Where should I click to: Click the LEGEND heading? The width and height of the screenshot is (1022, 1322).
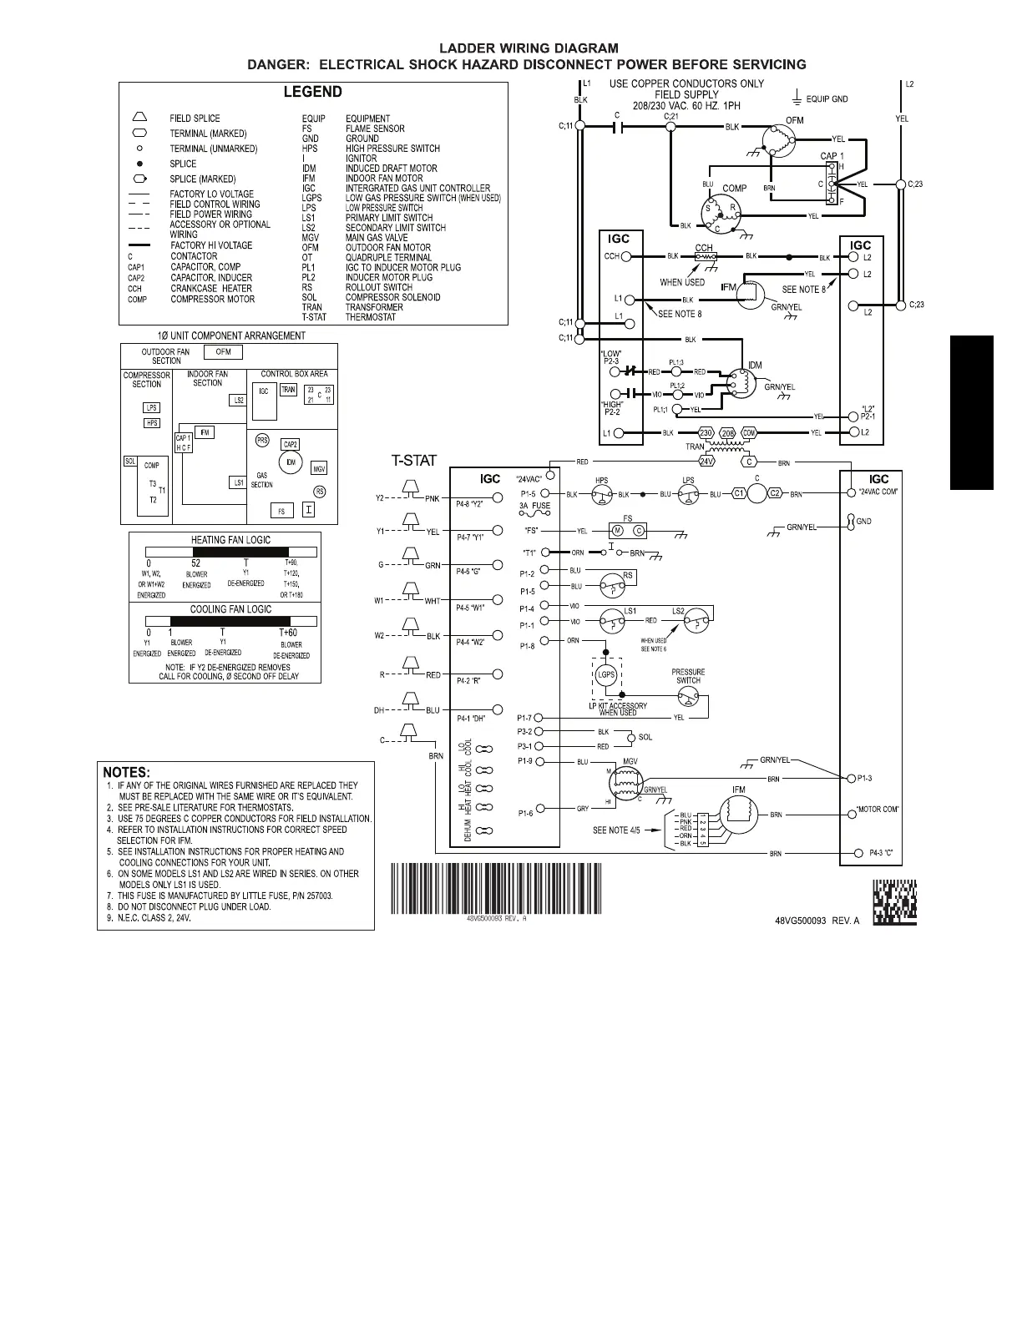(313, 92)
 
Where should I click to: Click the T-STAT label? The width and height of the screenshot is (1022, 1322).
(414, 460)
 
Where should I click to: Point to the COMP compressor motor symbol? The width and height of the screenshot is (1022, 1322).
(721, 212)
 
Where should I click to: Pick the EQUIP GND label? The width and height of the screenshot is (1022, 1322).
(827, 99)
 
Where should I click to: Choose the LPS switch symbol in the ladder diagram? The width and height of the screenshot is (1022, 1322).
(688, 495)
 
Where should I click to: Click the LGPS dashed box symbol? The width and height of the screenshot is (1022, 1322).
(606, 675)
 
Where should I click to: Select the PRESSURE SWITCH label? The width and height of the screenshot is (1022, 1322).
(688, 676)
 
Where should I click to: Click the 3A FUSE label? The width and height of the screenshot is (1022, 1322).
(534, 506)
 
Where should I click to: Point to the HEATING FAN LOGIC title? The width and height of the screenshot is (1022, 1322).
(230, 540)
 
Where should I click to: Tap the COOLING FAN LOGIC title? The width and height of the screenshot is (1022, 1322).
(230, 609)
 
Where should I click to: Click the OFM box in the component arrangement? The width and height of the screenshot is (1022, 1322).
(223, 352)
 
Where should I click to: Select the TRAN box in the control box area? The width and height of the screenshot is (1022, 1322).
(288, 390)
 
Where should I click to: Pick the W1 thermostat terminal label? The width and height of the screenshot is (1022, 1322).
(379, 600)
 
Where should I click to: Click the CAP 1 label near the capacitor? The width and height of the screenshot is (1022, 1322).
(832, 156)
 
